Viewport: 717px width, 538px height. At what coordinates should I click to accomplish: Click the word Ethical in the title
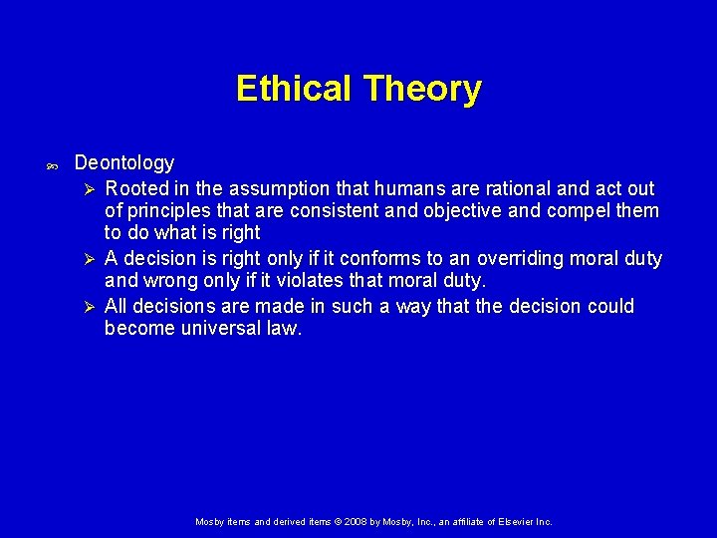pos(294,89)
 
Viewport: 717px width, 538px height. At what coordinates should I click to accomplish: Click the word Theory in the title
pos(422,89)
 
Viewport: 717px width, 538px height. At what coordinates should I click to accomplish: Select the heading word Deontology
pos(124,162)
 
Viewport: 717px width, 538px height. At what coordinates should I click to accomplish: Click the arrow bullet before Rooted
pos(88,188)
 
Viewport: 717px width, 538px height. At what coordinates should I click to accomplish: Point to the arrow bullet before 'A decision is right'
pos(88,259)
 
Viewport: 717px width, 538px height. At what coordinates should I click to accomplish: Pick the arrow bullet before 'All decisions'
pos(88,306)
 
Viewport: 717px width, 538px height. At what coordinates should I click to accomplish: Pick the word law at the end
pos(286,329)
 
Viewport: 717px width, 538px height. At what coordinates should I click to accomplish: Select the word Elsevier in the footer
pos(508,521)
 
